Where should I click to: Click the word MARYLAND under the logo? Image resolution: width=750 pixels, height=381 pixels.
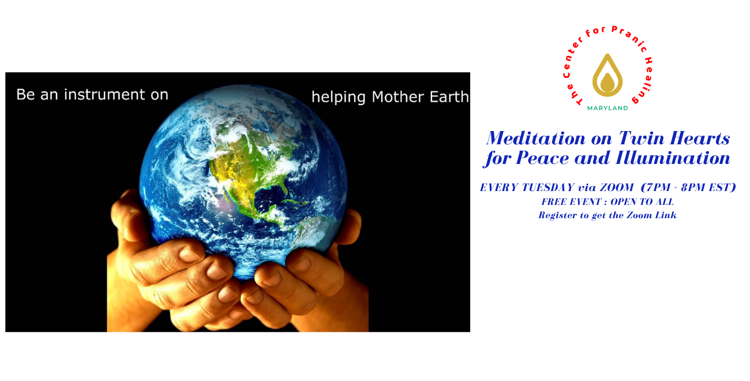(607, 108)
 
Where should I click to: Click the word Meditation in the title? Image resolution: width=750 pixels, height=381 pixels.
(536, 138)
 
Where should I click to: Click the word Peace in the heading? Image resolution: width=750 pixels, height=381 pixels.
(542, 158)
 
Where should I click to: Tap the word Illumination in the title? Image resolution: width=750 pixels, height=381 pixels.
(673, 158)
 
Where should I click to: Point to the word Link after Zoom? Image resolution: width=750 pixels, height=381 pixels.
(666, 215)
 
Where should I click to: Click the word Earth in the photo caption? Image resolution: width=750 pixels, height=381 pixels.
(449, 97)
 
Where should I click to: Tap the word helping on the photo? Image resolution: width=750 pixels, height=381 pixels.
(338, 98)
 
